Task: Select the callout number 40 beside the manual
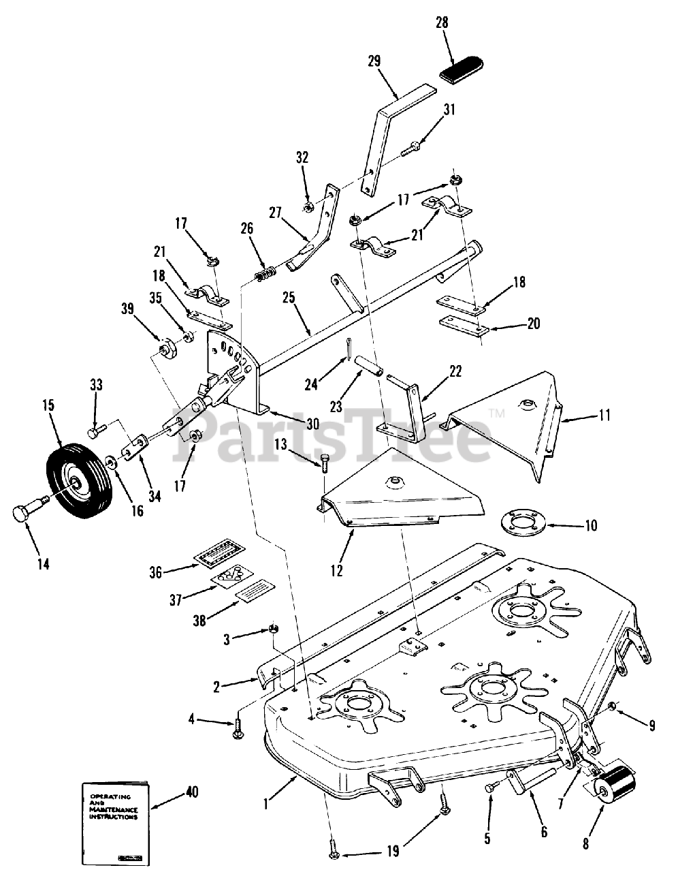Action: coord(193,793)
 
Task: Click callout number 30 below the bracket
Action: coord(312,424)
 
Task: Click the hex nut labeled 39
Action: coord(167,351)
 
